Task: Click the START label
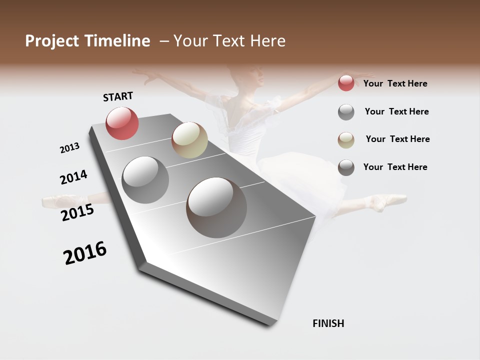118,96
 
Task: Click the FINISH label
328,323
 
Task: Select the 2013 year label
69,148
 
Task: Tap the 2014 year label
73,177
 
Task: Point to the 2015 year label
77,212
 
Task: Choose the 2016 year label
85,253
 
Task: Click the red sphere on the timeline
122,123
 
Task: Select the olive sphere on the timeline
189,140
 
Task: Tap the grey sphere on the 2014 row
145,179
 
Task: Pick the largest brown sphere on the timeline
216,207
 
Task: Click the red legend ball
346,83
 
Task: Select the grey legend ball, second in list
346,112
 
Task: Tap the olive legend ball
346,140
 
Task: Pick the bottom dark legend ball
346,167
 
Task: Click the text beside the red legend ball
395,83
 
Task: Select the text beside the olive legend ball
397,139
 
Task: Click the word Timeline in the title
117,41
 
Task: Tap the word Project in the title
52,41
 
